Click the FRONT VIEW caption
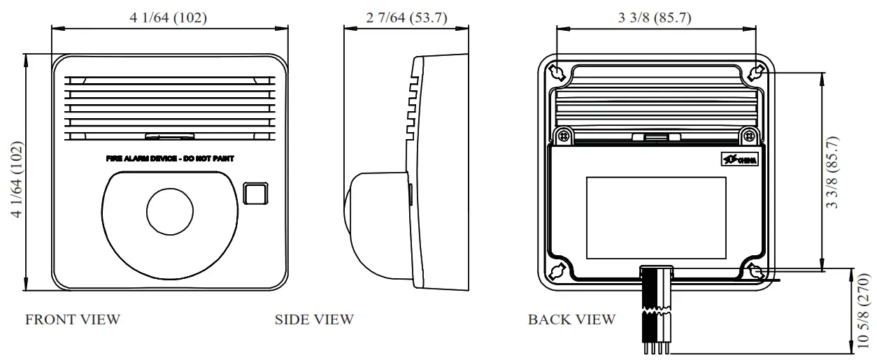(x=73, y=319)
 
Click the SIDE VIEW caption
(x=314, y=319)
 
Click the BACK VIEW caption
(x=571, y=319)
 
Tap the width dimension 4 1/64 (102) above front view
(x=169, y=18)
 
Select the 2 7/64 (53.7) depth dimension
(x=406, y=18)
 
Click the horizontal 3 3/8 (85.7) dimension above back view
(x=655, y=18)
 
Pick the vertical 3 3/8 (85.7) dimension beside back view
(x=832, y=171)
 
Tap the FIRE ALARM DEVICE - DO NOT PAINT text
(x=170, y=159)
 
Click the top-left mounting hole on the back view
(x=557, y=71)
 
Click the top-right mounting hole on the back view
(x=754, y=71)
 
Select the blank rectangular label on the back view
(x=656, y=216)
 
